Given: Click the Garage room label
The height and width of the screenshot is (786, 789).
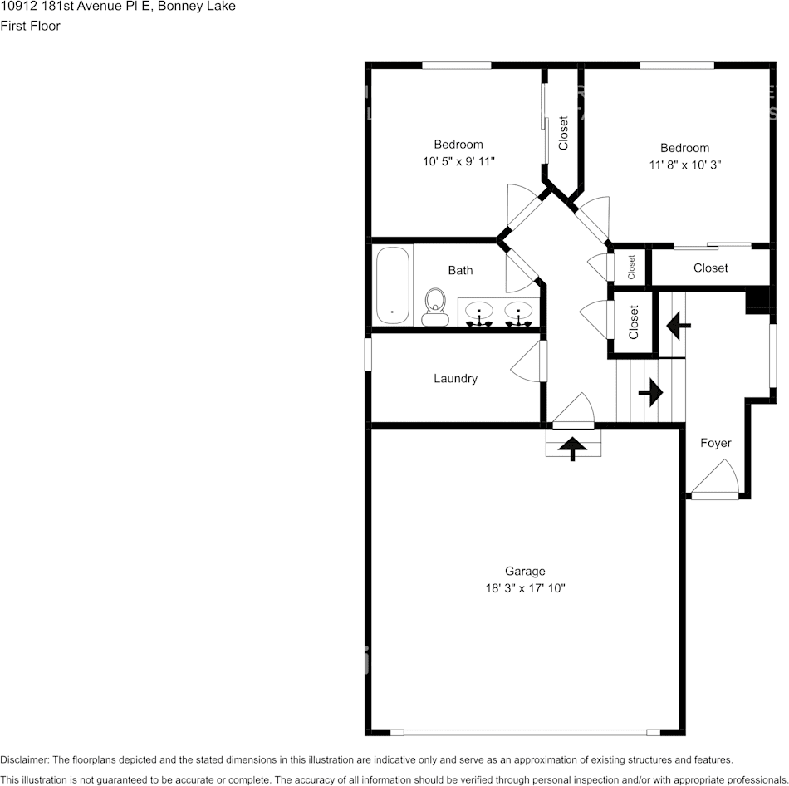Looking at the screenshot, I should pos(525,571).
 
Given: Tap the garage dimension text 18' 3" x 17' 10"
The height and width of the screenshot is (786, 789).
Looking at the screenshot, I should pos(525,587).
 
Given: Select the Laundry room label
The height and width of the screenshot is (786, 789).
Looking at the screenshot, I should pos(455,379).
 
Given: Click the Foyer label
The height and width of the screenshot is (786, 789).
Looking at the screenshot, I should pos(715,443).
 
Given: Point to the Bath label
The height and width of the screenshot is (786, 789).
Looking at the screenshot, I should pos(460,270).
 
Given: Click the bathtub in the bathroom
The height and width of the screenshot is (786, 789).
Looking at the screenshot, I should pos(393,285).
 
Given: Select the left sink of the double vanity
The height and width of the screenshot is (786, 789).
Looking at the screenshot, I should pos(478,313).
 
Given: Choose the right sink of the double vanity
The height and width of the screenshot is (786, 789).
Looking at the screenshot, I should pos(518,313).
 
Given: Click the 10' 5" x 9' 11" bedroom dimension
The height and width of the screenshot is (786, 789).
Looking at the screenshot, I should pos(458,161).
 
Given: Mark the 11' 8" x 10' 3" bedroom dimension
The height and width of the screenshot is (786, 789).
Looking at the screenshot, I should pos(684,165).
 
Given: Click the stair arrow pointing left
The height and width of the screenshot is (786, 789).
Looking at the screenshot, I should pos(678,325).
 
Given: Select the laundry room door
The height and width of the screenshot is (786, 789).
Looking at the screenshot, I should pos(528,364).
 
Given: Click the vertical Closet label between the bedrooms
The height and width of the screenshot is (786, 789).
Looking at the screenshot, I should pos(563,133).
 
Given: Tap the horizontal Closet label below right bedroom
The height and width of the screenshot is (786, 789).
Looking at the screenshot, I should pos(710,268).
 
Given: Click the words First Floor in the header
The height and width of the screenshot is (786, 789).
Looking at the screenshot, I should pos(30,26).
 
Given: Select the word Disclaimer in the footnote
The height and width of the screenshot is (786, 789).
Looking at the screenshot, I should pos(24,759).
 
